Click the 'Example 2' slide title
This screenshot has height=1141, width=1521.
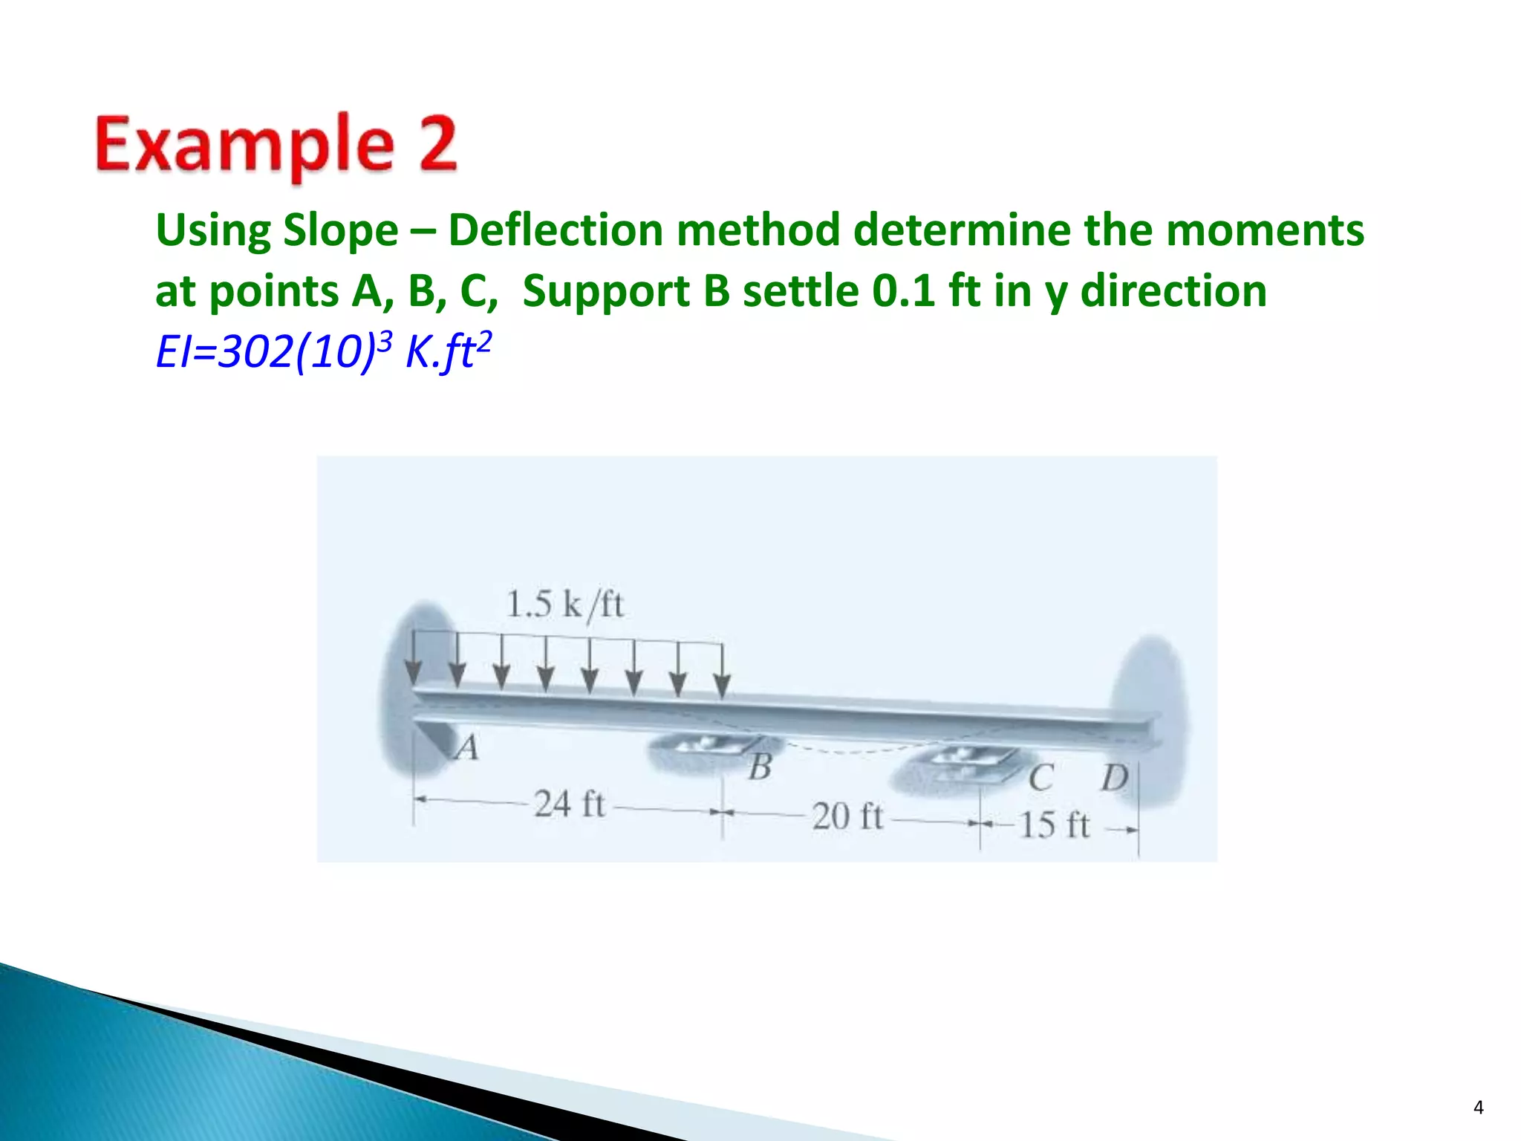(x=276, y=145)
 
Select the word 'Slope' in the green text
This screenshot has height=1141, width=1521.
(x=340, y=230)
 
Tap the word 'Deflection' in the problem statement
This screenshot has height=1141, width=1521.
(x=556, y=230)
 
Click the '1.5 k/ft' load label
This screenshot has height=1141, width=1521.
(x=564, y=605)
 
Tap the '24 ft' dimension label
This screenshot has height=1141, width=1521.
(x=570, y=804)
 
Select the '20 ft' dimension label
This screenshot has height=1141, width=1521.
(x=847, y=817)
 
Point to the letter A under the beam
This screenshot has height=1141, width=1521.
(x=467, y=747)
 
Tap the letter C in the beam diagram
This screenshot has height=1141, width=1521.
(x=1040, y=778)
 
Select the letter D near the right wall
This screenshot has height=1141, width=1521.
(x=1114, y=778)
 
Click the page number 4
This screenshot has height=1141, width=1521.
(x=1478, y=1108)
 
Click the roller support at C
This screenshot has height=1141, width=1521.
(x=958, y=765)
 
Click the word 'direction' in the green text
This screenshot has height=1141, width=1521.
(x=1173, y=290)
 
